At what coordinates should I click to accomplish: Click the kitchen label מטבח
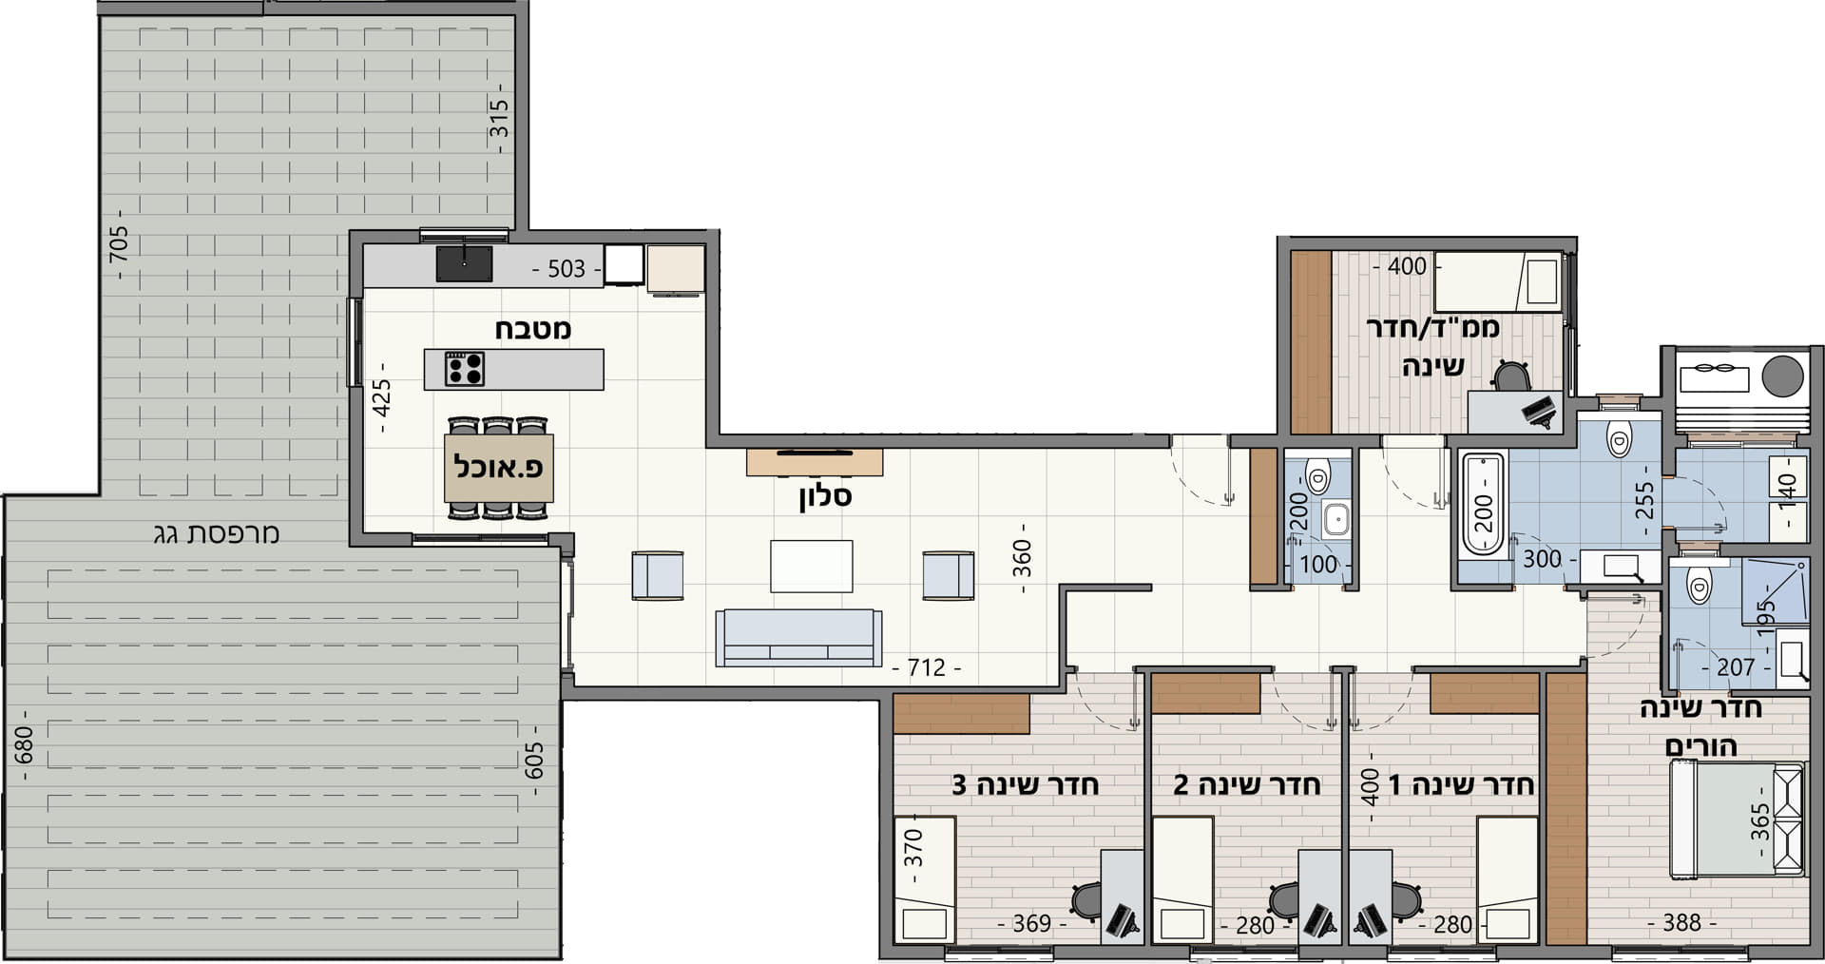532,329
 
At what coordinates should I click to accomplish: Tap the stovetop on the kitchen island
465,369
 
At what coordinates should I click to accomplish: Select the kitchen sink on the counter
464,263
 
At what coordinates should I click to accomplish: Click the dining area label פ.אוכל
499,468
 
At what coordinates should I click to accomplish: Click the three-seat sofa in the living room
798,638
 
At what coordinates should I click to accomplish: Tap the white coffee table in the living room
811,566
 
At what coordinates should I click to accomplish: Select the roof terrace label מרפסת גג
217,533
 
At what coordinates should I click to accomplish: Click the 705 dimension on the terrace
120,244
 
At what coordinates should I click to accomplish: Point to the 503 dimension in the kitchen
567,269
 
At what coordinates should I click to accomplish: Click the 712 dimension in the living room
927,667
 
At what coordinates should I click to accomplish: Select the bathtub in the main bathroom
1483,504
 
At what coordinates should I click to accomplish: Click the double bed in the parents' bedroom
1738,819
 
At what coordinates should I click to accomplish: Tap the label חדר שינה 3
1026,784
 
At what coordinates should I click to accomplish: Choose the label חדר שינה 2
1247,784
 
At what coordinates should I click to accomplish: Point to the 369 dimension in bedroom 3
1031,923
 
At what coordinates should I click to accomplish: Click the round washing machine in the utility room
1782,376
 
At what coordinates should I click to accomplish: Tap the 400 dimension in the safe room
1407,266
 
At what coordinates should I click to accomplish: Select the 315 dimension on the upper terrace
499,118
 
